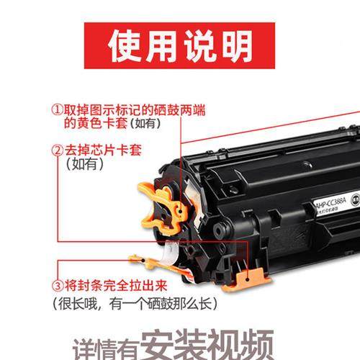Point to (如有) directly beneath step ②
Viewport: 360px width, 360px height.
pos(85,165)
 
